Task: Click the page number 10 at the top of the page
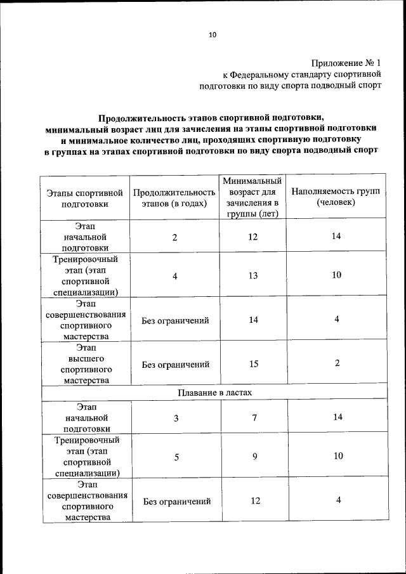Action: pyautogui.click(x=212, y=35)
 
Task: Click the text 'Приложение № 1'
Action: pyautogui.click(x=346, y=63)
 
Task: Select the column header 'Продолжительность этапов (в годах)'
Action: pyautogui.click(x=174, y=198)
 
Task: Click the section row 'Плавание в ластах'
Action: pyautogui.click(x=214, y=393)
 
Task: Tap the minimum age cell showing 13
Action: pyautogui.click(x=253, y=275)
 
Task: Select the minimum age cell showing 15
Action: pyautogui.click(x=253, y=364)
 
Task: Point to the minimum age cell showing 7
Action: pyautogui.click(x=253, y=418)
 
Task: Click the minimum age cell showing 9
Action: pyautogui.click(x=253, y=456)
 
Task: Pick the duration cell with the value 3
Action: pyautogui.click(x=176, y=418)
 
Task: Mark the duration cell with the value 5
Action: pyautogui.click(x=176, y=456)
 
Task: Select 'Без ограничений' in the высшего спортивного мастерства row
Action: pyautogui.click(x=176, y=365)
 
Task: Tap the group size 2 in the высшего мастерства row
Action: pyautogui.click(x=337, y=363)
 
